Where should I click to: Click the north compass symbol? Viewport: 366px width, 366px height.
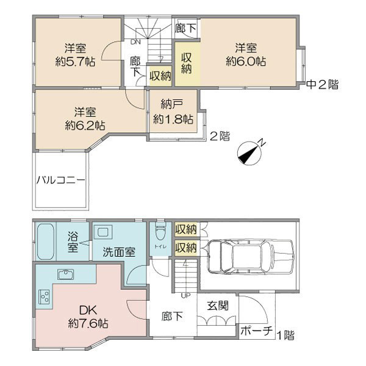pos(249,153)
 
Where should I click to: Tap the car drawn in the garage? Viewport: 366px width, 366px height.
pos(250,256)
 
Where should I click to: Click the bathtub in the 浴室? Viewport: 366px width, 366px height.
pos(45,242)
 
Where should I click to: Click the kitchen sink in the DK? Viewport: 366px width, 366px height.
pos(66,274)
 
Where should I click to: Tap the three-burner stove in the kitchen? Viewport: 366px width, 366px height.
pos(45,296)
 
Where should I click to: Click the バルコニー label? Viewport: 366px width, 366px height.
pos(60,180)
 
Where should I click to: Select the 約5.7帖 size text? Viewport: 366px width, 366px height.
pos(76,62)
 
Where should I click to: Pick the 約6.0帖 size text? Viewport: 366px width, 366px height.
pos(246,62)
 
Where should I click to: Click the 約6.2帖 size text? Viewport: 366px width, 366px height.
pos(85,126)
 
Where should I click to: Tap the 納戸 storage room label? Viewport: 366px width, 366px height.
pos(172,104)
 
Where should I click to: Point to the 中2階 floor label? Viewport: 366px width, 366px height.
pos(322,85)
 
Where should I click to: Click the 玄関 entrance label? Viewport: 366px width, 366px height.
pos(218,306)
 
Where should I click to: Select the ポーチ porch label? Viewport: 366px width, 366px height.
pos(256,331)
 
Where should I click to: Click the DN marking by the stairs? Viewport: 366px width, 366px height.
pos(135,42)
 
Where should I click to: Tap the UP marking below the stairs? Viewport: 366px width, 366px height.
pos(186,296)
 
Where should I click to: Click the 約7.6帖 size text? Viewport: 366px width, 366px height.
pos(88,324)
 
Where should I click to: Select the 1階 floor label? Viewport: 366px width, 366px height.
pos(285,335)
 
